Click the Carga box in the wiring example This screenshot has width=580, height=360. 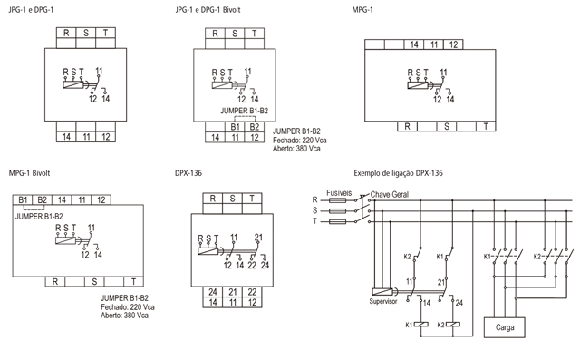click(x=505, y=327)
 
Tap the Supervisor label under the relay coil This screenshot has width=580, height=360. click(x=382, y=302)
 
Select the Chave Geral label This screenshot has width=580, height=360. click(x=390, y=195)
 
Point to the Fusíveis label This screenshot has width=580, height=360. click(x=339, y=193)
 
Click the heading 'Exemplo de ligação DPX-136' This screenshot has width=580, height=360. click(x=398, y=173)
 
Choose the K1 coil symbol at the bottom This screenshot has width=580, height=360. click(x=421, y=325)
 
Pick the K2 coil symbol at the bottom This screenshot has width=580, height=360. click(x=453, y=325)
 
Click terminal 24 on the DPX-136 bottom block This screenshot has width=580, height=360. click(x=213, y=292)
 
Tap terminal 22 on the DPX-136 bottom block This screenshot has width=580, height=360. click(x=252, y=292)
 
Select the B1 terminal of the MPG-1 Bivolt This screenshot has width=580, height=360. click(x=23, y=200)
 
